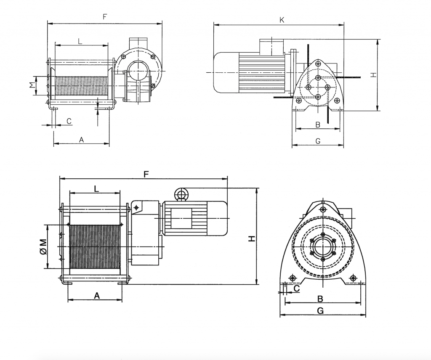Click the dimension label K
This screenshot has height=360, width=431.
pyautogui.click(x=282, y=20)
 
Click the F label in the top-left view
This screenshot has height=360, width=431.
pyautogui.click(x=105, y=17)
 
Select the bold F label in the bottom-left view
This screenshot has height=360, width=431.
pyautogui.click(x=146, y=174)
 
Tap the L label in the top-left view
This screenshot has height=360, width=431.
pyautogui.click(x=80, y=42)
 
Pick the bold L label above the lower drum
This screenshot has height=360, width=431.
pyautogui.click(x=96, y=189)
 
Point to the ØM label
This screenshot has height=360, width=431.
pyautogui.click(x=43, y=246)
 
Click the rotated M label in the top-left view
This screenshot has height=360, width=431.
pyautogui.click(x=33, y=85)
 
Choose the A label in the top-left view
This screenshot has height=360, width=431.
pyautogui.click(x=81, y=140)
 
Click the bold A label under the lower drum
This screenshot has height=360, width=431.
pyautogui.click(x=97, y=296)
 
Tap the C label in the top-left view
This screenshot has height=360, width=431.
pyautogui.click(x=69, y=121)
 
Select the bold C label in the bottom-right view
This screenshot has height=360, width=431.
pyautogui.click(x=297, y=289)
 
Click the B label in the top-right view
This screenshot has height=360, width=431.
pyautogui.click(x=318, y=124)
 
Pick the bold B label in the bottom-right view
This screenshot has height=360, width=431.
pyautogui.click(x=320, y=299)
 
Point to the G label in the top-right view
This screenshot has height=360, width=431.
pyautogui.click(x=318, y=141)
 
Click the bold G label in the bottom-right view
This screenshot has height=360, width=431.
pyautogui.click(x=320, y=311)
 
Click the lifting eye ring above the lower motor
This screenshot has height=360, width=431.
pyautogui.click(x=181, y=194)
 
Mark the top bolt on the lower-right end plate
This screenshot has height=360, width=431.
pyautogui.click(x=323, y=209)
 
